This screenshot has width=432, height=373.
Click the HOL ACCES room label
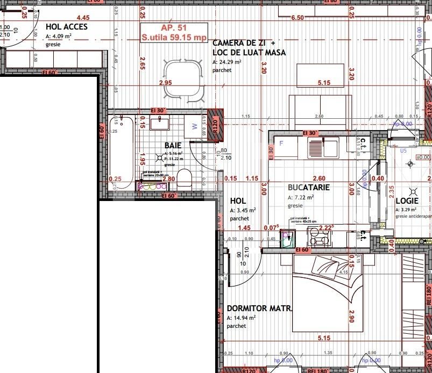point(67,26)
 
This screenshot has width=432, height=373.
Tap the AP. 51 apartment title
point(173,28)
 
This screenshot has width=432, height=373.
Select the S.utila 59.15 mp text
point(174,38)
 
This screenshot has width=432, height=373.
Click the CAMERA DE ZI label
point(244,43)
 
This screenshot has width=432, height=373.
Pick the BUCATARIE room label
point(308,188)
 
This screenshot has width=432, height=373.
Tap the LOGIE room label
point(407,200)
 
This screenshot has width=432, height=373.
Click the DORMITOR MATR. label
point(259,309)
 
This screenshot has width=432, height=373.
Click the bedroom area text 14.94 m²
point(242,318)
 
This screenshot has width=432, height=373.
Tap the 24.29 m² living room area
point(227,62)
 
